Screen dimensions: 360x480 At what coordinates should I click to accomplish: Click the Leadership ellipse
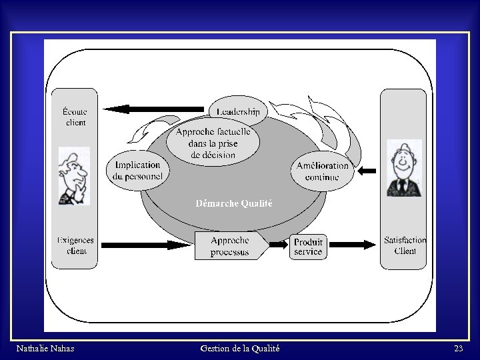click(238, 111)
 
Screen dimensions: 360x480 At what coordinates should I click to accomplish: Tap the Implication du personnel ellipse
click(138, 171)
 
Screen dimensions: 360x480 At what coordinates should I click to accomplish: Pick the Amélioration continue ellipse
click(322, 171)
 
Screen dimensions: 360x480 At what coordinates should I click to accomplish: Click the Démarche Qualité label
click(233, 203)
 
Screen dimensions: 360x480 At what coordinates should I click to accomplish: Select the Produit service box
click(308, 247)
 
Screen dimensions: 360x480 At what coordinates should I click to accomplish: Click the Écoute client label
click(75, 117)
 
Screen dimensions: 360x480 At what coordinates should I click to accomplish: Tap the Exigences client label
click(75, 245)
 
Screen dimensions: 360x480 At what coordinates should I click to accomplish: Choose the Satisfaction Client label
click(404, 245)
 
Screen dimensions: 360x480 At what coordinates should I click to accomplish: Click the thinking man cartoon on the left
click(73, 175)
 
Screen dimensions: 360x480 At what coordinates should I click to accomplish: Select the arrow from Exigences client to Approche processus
click(147, 245)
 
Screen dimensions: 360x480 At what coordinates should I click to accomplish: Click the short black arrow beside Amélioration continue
click(367, 171)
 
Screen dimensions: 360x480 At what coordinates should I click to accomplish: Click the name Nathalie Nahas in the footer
click(45, 348)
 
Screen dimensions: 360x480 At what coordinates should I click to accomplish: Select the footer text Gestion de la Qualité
click(239, 348)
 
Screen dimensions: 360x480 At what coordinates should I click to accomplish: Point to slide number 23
click(458, 348)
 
